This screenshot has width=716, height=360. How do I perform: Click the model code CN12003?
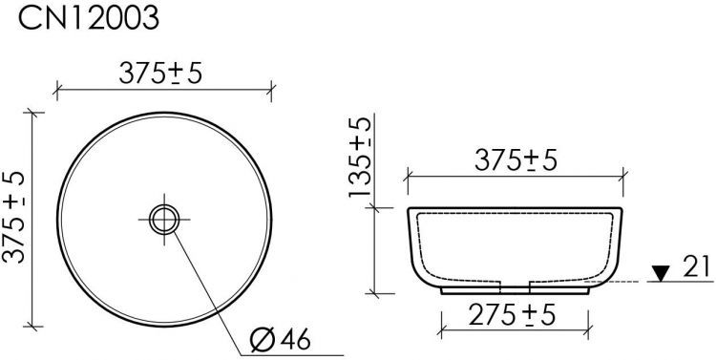point(89,18)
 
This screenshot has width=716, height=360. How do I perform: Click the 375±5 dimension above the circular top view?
point(160,74)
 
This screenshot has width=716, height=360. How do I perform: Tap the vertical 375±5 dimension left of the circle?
point(13,217)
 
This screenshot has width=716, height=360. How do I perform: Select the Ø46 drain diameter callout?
point(281,339)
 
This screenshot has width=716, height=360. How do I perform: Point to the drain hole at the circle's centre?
point(164,220)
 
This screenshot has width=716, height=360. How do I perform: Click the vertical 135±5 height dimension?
point(360,158)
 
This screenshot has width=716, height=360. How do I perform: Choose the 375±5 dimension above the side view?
point(516,160)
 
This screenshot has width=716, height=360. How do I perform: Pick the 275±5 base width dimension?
point(512,315)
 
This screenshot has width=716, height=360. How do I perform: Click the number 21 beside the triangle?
point(697,266)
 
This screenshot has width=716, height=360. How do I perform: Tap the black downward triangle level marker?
point(661,273)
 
